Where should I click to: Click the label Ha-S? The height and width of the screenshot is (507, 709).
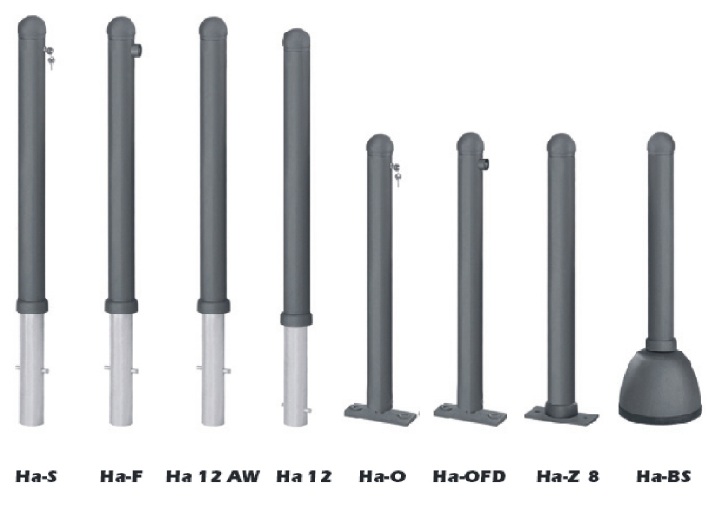(36, 476)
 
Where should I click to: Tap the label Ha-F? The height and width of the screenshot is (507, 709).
(121, 476)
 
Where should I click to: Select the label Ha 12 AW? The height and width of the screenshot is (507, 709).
(213, 476)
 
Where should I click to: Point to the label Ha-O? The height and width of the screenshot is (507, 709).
(382, 476)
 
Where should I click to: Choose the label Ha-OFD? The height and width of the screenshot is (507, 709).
(469, 476)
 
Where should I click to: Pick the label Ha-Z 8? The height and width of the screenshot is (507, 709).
(568, 476)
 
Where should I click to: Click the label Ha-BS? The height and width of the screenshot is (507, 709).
(664, 476)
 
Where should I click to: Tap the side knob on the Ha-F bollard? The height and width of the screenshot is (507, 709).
(137, 50)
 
